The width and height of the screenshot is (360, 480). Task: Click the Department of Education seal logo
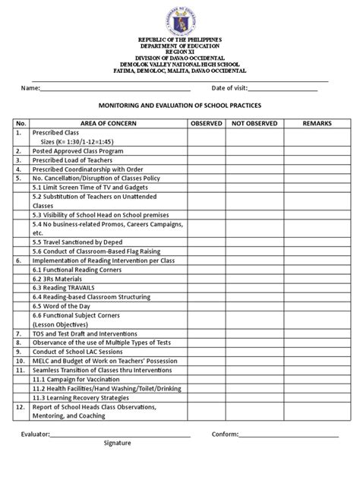179,17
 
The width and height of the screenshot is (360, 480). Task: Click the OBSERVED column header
206,122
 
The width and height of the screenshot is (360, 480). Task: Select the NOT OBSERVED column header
254,122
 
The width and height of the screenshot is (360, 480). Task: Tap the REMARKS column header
317,122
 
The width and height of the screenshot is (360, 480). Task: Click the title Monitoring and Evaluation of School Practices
179,106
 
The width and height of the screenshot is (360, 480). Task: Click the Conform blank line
289,434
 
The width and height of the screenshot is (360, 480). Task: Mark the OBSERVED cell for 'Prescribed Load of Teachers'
206,161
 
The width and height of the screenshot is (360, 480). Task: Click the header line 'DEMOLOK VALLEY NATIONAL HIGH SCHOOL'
179,65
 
